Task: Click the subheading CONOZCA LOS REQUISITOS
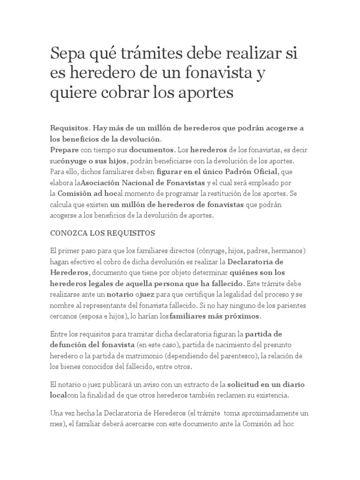point(102,233)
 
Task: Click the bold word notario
point(124,294)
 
